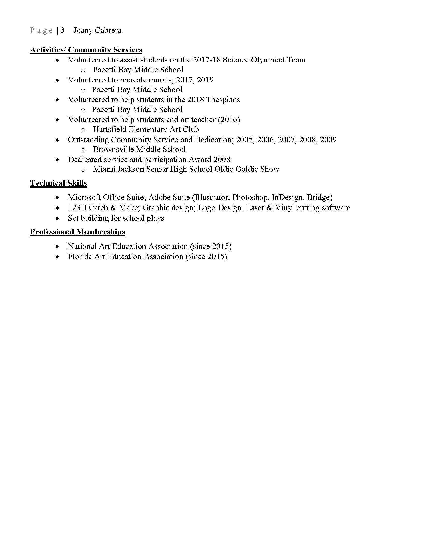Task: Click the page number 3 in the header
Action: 63,30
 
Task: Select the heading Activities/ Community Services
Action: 86,50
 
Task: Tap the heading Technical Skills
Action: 58,183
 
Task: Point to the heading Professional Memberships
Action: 77,232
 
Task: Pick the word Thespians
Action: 223,100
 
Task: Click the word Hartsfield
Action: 110,129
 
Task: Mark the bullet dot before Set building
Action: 58,218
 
